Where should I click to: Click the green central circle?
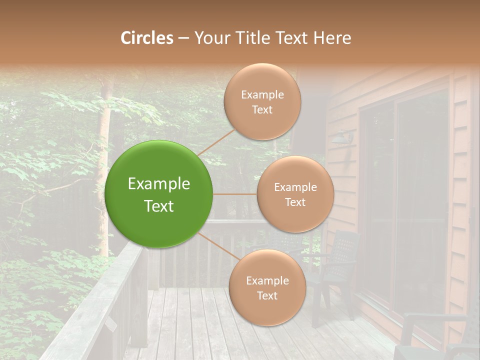(x=159, y=194)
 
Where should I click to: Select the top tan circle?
(x=262, y=101)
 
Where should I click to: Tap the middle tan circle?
(x=295, y=194)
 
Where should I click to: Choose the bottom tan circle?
(x=267, y=287)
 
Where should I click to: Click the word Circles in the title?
(x=147, y=38)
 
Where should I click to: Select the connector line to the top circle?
(x=216, y=142)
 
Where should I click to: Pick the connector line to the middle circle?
(x=235, y=194)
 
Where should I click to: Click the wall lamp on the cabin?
(x=344, y=136)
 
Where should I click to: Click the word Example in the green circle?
(x=159, y=184)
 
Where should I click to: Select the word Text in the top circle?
(x=262, y=109)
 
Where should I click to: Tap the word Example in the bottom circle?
(x=267, y=280)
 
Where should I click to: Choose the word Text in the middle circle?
(x=295, y=202)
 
